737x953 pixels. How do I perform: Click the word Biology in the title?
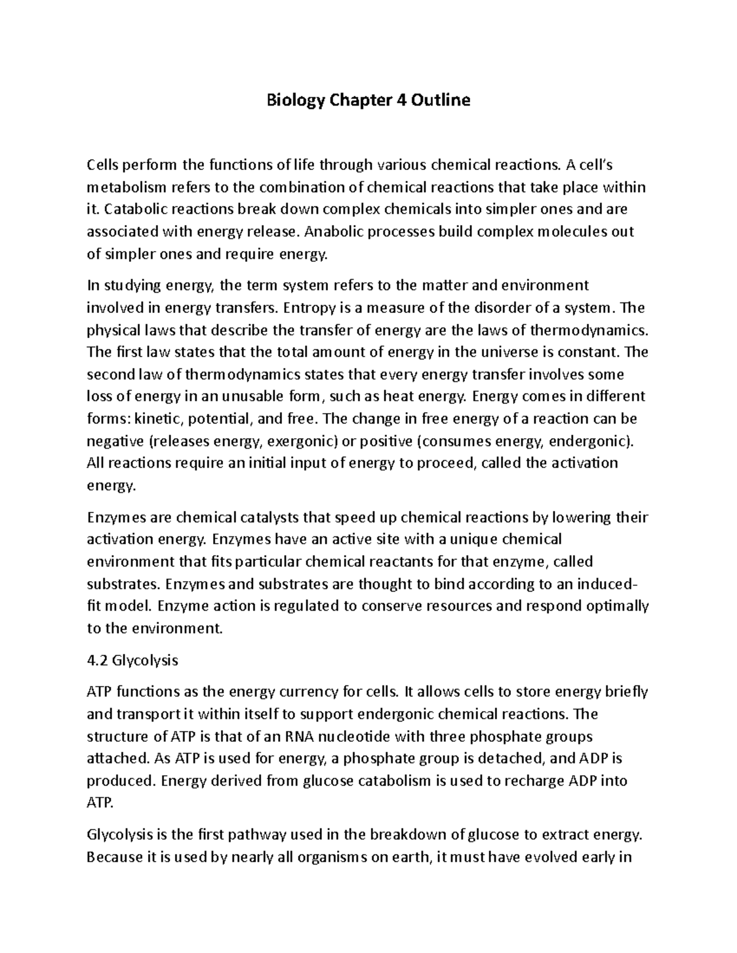pos(294,100)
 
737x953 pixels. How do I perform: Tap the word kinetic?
pos(158,419)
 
